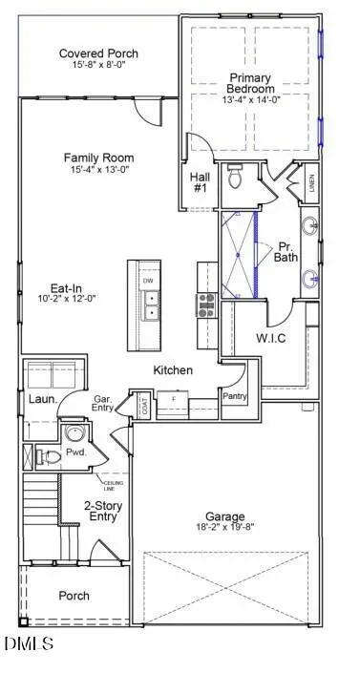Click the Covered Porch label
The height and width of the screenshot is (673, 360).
coord(98,53)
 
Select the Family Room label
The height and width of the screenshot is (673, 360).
coord(98,158)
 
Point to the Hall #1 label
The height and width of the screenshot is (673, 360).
coord(200,182)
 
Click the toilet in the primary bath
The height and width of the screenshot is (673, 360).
coord(236,178)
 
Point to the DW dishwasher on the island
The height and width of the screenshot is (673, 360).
coord(148,282)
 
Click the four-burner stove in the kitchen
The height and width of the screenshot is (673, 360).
coord(205,305)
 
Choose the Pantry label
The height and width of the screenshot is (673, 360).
coord(235,394)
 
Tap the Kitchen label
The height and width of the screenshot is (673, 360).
coord(173,369)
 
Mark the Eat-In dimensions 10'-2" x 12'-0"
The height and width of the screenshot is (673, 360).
coord(60,297)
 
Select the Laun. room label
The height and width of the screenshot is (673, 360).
coord(40,400)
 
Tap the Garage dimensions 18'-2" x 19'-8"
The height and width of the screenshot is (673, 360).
coord(226,524)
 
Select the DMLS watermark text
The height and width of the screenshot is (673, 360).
coord(28,643)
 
